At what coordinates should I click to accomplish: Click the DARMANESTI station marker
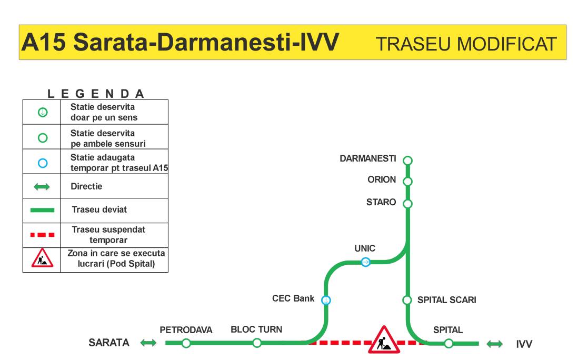[407, 161]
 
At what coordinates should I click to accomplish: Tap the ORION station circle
[407, 182]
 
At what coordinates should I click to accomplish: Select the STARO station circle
[407, 204]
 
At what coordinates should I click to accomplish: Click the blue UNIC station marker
[366, 262]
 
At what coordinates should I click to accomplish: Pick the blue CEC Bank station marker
[326, 300]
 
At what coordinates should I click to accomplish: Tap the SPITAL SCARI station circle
[407, 300]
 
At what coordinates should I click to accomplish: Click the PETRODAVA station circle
[186, 343]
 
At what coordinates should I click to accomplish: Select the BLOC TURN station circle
[257, 343]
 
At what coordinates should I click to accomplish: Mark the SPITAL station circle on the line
[449, 343]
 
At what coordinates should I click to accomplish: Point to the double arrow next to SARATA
[148, 343]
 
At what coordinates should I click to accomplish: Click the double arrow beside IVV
[495, 344]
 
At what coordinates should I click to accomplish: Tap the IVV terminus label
[524, 344]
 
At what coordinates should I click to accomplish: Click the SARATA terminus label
[109, 343]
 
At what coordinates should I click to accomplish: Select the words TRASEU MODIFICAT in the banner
[466, 44]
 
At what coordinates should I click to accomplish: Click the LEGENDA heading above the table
[96, 93]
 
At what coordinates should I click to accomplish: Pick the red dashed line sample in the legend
[42, 235]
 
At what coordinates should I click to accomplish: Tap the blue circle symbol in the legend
[43, 163]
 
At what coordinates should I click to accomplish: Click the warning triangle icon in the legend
[42, 258]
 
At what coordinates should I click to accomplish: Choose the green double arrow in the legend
[42, 186]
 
